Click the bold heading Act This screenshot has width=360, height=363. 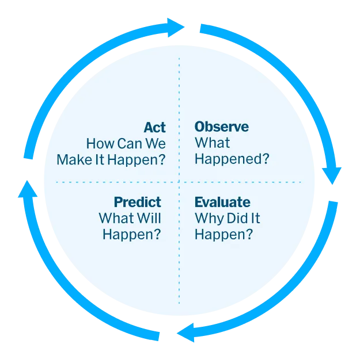(x=154, y=127)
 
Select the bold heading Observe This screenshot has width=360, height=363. (x=221, y=127)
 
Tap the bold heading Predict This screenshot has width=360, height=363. (x=137, y=202)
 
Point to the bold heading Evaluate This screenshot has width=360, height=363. (x=222, y=202)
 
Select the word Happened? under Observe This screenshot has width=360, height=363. (x=232, y=159)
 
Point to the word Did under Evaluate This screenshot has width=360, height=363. (x=236, y=219)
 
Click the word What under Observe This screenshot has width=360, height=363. (x=212, y=143)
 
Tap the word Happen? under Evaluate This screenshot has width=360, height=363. (x=223, y=235)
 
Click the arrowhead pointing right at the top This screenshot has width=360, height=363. (x=175, y=26)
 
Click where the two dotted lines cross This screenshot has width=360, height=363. (x=179, y=182)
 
